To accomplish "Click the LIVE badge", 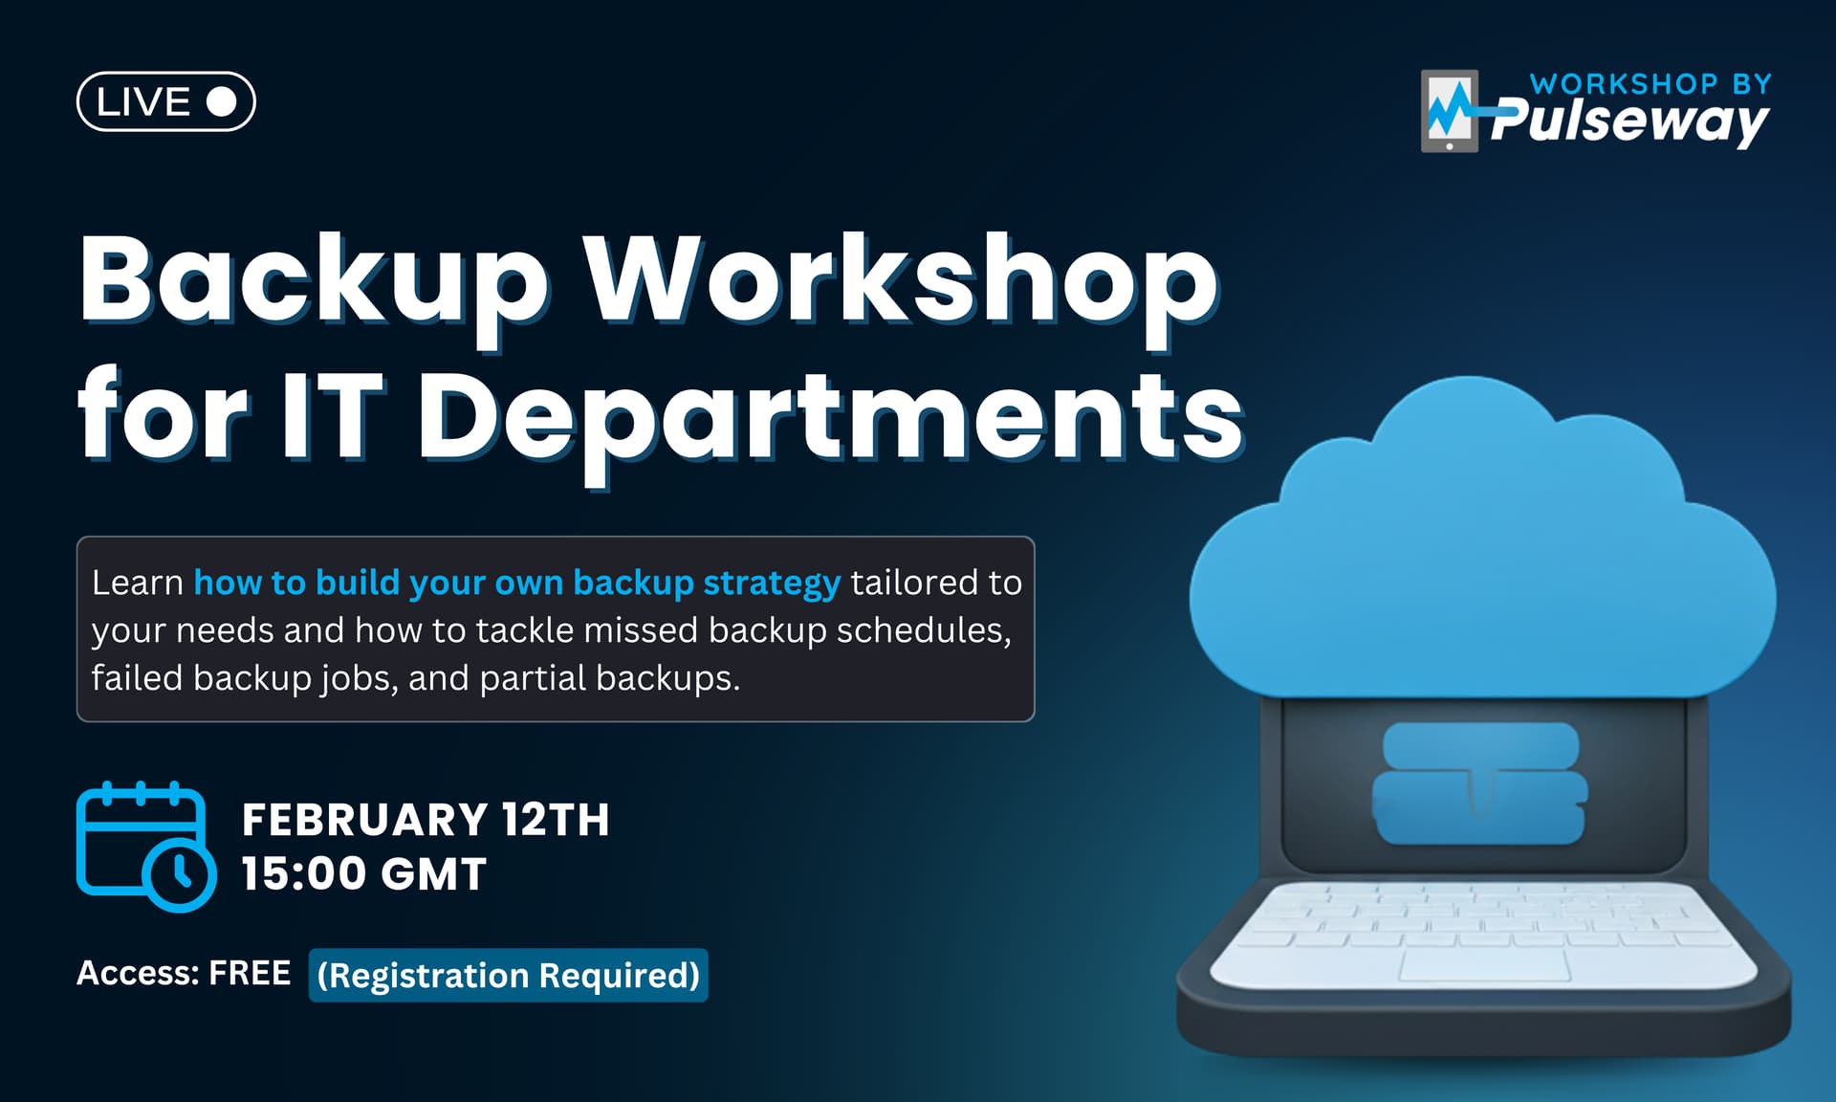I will (x=165, y=101).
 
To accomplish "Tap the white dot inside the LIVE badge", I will (x=222, y=101).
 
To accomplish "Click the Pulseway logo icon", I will (x=1450, y=111).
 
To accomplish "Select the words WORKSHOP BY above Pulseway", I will (x=1650, y=84).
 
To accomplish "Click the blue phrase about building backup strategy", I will (x=516, y=583).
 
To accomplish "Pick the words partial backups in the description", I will (x=609, y=678).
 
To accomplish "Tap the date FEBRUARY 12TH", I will (x=426, y=820).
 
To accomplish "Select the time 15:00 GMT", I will (x=363, y=874).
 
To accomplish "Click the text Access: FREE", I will (x=184, y=973).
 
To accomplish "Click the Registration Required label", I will (x=508, y=975).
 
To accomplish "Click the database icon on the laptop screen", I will (x=1479, y=783).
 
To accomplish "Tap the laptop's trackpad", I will (x=1484, y=964).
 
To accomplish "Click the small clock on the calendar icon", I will (x=180, y=874).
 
